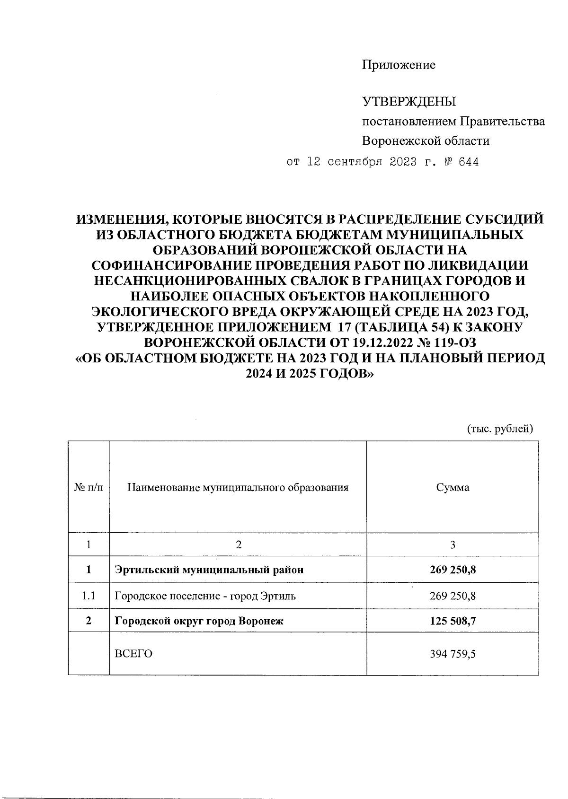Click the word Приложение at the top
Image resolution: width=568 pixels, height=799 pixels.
[x=399, y=65]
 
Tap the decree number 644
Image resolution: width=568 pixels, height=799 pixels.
[x=468, y=162]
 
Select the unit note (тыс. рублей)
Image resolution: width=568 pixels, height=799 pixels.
[x=500, y=429]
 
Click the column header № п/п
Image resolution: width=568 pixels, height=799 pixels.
[x=89, y=487]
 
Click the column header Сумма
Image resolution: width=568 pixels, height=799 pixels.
[x=453, y=487]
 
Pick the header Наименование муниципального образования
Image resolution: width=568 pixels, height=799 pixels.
[x=238, y=487]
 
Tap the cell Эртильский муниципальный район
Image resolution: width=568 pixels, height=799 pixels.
[x=209, y=570]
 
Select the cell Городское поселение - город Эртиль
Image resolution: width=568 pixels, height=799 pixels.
[x=205, y=596]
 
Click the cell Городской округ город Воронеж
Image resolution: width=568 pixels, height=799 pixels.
[x=199, y=621]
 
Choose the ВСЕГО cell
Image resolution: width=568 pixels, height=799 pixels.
[x=133, y=654]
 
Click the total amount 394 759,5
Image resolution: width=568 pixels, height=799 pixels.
[x=453, y=654]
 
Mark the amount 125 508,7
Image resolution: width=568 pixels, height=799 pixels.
[x=453, y=621]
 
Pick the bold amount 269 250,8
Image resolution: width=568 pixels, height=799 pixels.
[x=453, y=570]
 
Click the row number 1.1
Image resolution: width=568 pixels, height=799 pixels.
[x=89, y=596]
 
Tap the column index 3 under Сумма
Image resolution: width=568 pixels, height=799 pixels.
[x=453, y=544]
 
